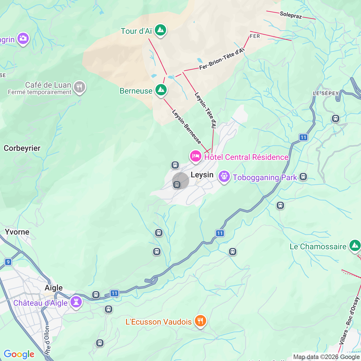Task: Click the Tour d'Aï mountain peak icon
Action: (160, 30)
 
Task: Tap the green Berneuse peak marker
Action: (161, 90)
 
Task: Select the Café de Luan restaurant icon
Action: (79, 87)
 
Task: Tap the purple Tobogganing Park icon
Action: (224, 177)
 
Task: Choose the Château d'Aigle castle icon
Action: (76, 302)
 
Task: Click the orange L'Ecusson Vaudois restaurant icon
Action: (200, 321)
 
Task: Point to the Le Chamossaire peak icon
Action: (355, 246)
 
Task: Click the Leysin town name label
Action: (202, 175)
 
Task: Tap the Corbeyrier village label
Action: (22, 148)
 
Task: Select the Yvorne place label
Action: (17, 232)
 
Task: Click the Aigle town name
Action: (54, 288)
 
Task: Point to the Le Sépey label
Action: (326, 93)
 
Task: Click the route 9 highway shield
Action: (8, 262)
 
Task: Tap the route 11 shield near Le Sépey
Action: (303, 137)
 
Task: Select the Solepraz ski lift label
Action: (291, 15)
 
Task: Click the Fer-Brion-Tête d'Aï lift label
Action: (222, 59)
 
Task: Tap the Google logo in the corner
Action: (19, 354)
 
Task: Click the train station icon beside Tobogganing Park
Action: (303, 177)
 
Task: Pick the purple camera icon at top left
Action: (23, 38)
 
